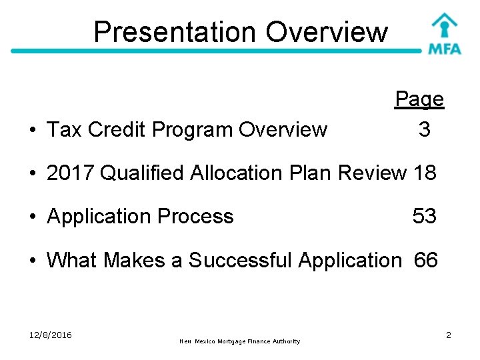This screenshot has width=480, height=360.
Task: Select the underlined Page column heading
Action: [x=419, y=99]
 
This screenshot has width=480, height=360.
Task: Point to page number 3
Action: [x=424, y=129]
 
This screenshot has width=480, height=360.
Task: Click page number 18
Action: [x=425, y=173]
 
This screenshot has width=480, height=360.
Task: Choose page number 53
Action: [x=425, y=216]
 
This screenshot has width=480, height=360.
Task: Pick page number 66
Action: [x=425, y=260]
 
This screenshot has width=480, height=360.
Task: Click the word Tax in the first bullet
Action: [x=64, y=130]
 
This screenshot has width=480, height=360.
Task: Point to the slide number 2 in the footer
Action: [x=449, y=335]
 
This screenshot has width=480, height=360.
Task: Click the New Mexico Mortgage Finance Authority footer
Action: [x=240, y=341]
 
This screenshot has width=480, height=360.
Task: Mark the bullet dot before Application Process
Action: [x=32, y=217]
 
